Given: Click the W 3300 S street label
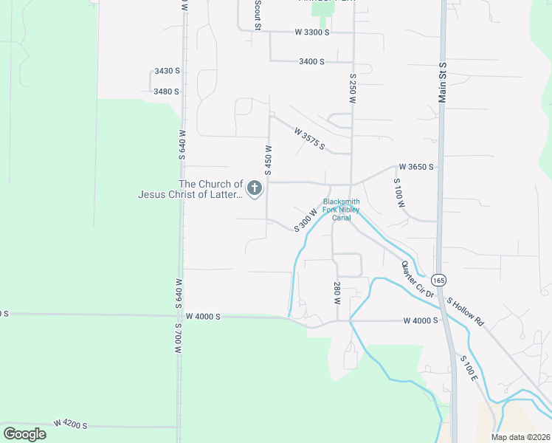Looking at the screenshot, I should click(311, 32).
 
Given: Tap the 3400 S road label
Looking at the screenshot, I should click(312, 62).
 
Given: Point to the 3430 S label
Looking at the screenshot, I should click(167, 71).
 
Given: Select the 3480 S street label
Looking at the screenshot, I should click(167, 92).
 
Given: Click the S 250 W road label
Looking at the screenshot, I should click(353, 88).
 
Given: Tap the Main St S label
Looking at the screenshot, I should click(444, 80).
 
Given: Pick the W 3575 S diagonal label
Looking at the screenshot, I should click(309, 138).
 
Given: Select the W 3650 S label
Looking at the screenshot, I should click(416, 168).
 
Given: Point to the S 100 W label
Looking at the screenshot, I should click(399, 193).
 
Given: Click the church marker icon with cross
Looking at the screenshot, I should click(255, 189).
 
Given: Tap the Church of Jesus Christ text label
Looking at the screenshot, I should click(190, 190).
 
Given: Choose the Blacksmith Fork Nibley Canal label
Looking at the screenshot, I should click(341, 209).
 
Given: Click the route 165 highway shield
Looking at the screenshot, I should click(439, 281).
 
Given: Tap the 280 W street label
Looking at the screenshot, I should click(337, 292).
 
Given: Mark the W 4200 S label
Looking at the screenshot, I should click(70, 425).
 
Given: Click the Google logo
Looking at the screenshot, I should click(25, 434).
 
